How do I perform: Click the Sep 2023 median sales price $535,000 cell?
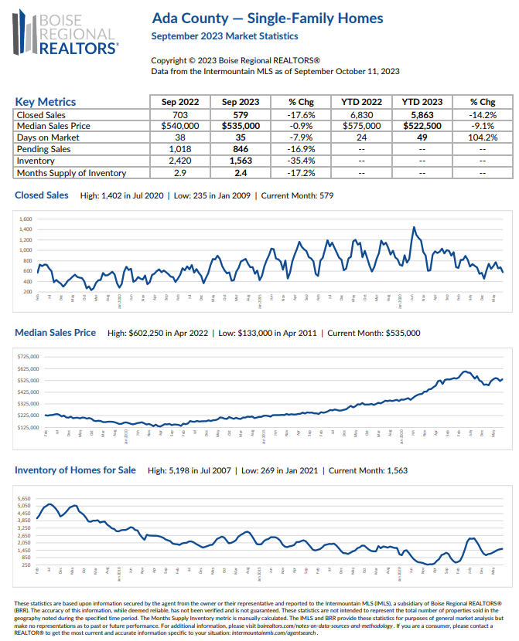pos(239,126)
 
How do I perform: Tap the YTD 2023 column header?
pos(422,102)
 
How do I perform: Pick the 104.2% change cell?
pos(483,137)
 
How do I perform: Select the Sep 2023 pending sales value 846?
pos(239,150)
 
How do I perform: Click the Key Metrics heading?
pos(46,102)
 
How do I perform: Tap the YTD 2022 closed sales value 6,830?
pos(361,114)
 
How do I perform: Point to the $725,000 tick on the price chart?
pos(29,357)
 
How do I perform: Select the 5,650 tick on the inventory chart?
pos(24,499)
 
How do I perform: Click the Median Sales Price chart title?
pos(56,333)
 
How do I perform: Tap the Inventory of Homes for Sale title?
pos(75,470)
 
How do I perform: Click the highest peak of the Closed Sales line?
pos(414,228)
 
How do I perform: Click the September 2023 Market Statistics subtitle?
pos(224,36)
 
